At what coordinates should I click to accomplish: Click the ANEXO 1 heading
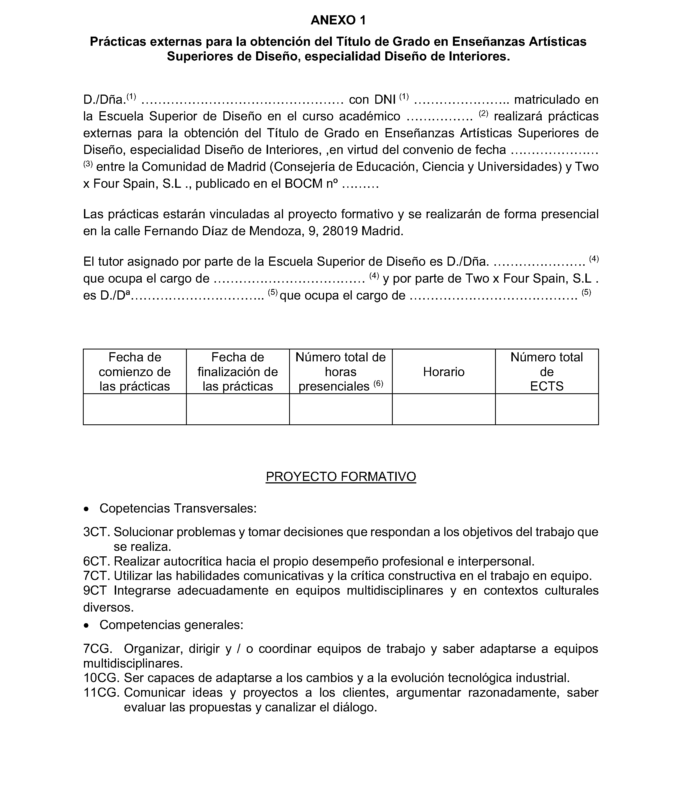pyautogui.click(x=338, y=20)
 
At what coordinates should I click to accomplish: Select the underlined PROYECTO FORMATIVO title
pyautogui.click(x=340, y=476)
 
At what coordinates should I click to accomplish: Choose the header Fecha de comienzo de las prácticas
pyautogui.click(x=135, y=371)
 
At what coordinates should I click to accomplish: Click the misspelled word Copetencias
pyautogui.click(x=135, y=508)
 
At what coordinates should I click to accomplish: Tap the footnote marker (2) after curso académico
pyautogui.click(x=483, y=113)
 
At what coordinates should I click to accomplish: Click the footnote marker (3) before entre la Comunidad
pyautogui.click(x=88, y=164)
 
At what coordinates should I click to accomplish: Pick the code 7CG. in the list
pyautogui.click(x=98, y=649)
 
